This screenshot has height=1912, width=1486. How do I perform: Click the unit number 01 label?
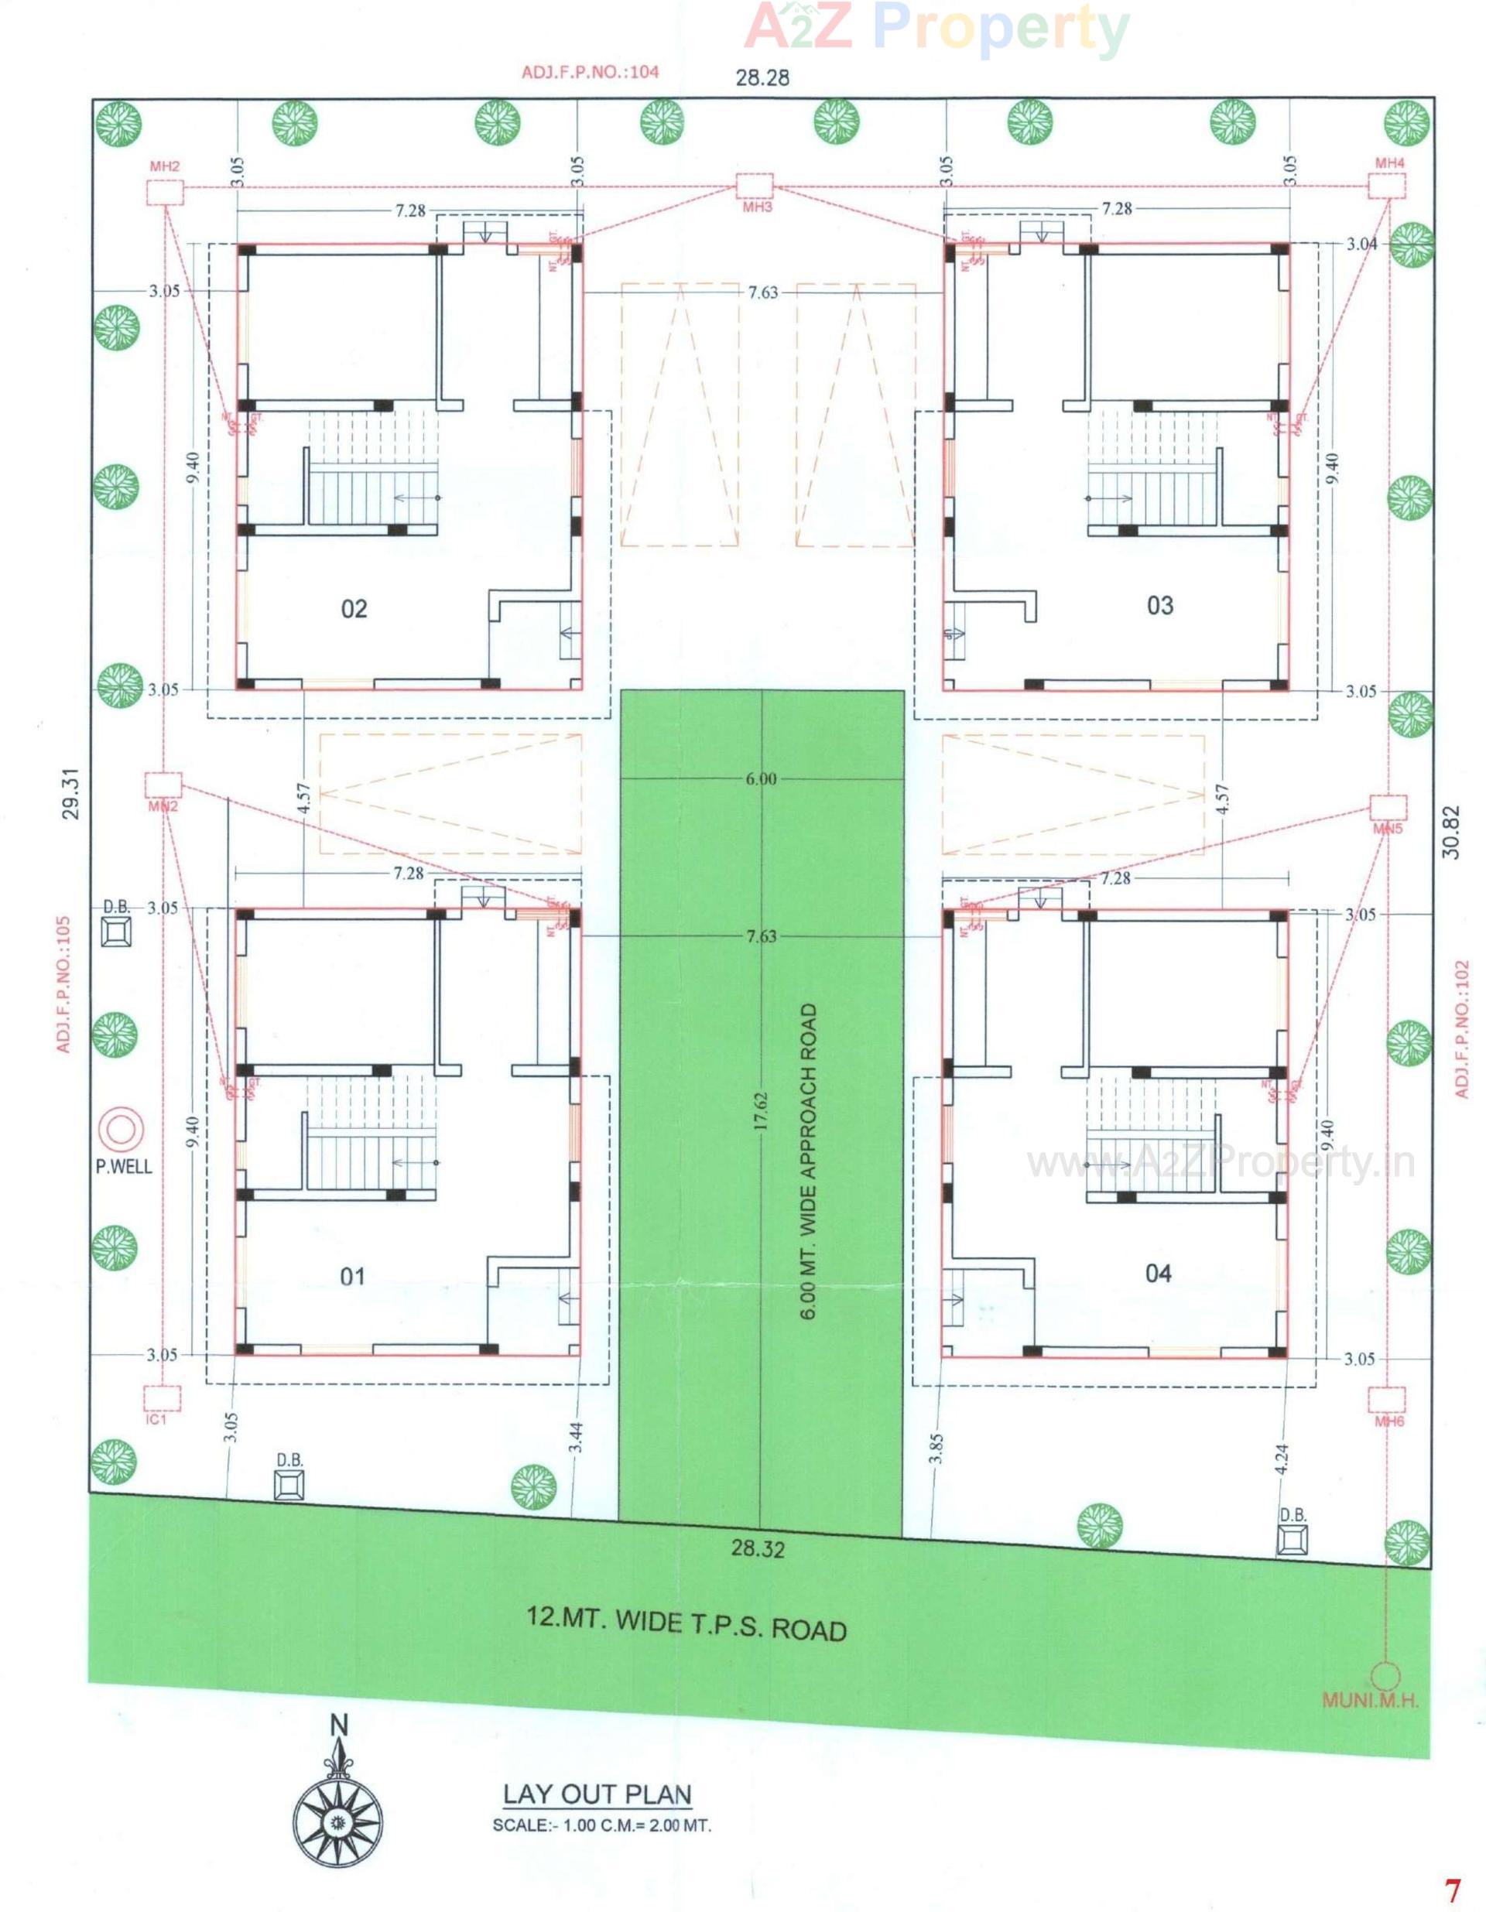click(x=352, y=1277)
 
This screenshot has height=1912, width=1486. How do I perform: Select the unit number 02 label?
click(x=354, y=608)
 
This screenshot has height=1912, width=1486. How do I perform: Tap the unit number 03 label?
click(x=1160, y=605)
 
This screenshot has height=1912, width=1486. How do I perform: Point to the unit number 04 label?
click(x=1159, y=1273)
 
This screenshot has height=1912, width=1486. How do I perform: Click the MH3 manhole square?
click(x=754, y=186)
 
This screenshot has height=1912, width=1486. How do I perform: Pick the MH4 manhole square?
click(x=1387, y=186)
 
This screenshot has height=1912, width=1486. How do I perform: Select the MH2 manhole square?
click(x=164, y=192)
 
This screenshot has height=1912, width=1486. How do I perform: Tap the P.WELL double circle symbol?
click(x=121, y=1130)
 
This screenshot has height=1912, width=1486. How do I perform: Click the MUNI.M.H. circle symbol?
click(x=1385, y=1677)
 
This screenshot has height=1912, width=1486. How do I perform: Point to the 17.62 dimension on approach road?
click(x=760, y=1112)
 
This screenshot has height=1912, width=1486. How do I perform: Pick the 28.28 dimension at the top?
click(x=762, y=78)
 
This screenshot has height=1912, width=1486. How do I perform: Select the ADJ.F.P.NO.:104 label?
click(x=591, y=72)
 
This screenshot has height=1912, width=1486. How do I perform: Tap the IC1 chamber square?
click(x=163, y=1398)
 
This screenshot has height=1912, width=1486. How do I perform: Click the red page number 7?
click(x=1453, y=1890)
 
